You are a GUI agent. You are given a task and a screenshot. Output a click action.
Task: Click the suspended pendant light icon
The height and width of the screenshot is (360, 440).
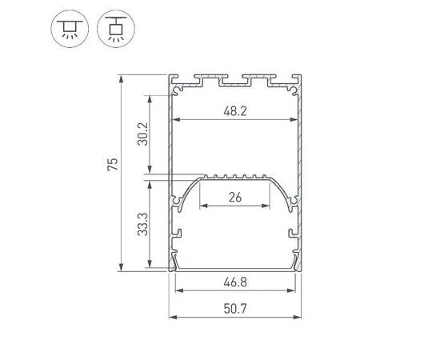[x=113, y=29]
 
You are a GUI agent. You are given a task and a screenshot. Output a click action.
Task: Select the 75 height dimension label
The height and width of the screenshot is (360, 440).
[x=113, y=165]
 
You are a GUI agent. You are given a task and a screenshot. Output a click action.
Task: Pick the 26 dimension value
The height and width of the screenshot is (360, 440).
[x=234, y=198]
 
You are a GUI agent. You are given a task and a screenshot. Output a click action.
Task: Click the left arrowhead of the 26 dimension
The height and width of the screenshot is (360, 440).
[x=202, y=206]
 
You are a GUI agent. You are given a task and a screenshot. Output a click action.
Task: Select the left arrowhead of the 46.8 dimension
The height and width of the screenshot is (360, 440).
[x=177, y=290]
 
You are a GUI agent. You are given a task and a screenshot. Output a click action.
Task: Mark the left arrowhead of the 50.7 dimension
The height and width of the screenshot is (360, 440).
[x=171, y=317]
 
